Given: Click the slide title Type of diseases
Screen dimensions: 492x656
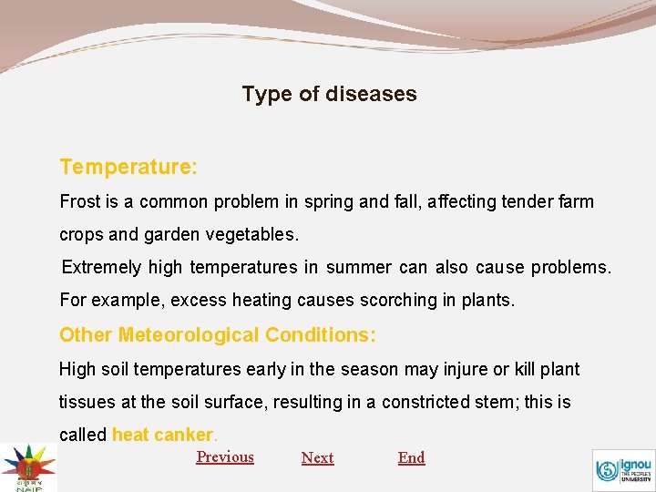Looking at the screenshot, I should pos(329,94).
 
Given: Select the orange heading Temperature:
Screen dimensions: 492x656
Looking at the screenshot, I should pos(128,167).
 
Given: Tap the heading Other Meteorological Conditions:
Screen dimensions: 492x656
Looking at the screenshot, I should pos(217,334).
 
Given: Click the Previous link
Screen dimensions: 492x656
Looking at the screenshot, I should pos(225,456).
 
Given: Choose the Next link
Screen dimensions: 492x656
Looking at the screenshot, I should pos(317,457).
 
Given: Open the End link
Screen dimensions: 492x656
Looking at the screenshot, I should pos(411,457).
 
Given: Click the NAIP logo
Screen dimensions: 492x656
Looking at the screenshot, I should pos(27,466).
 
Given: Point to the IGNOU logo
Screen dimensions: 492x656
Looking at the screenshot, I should pos(623,469).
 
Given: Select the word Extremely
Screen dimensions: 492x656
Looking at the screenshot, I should pos(101,267).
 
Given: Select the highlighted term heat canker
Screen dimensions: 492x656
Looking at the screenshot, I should pos(162,435).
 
